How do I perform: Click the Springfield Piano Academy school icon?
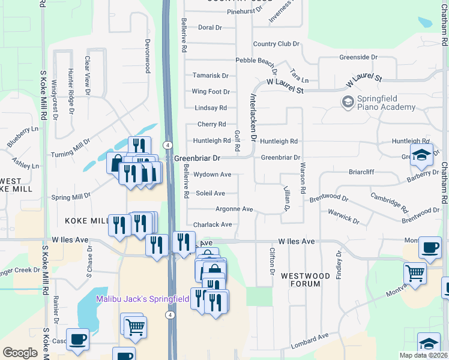tap(348, 103)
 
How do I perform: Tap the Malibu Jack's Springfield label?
tap(143, 298)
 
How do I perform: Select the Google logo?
tap(20, 352)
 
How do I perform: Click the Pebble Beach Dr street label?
tap(256, 61)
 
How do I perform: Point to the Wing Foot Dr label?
tap(210, 92)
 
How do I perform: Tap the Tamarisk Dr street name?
tap(210, 76)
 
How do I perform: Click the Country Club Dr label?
tap(276, 44)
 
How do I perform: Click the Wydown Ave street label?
tap(212, 175)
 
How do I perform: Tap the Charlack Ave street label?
tap(212, 224)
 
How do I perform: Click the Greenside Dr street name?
tap(358, 58)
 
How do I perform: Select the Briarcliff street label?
tap(361, 172)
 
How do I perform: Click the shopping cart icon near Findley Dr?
tap(415, 274)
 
